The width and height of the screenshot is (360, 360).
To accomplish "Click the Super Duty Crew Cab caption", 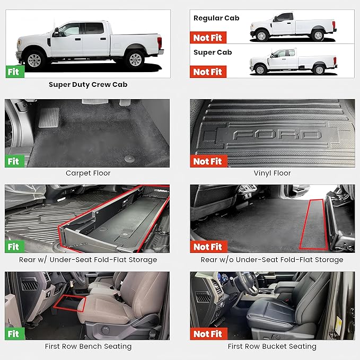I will pyautogui.click(x=87, y=84).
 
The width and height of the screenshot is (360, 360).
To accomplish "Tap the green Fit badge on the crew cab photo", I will pyautogui.click(x=13, y=72).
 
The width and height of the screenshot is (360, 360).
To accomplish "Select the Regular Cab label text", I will pyautogui.click(x=216, y=18).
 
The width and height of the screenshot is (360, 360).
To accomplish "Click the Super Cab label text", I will pyautogui.click(x=212, y=52).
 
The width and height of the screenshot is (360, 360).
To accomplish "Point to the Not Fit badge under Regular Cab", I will pyautogui.click(x=208, y=38).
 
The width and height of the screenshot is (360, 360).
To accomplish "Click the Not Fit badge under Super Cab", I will pyautogui.click(x=208, y=72).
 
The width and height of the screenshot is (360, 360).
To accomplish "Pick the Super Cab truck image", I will pyautogui.click(x=293, y=62).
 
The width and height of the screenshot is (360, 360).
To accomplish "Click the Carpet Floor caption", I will pyautogui.click(x=87, y=173).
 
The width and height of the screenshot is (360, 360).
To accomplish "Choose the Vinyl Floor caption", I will pyautogui.click(x=272, y=173).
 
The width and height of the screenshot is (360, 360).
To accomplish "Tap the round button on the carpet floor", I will pyautogui.click(x=129, y=157).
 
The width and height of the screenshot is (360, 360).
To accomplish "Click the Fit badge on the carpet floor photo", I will pyautogui.click(x=13, y=161).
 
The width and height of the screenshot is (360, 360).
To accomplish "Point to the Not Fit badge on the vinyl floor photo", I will pyautogui.click(x=208, y=161).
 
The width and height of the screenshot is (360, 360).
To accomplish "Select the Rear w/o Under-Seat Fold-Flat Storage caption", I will pyautogui.click(x=272, y=260).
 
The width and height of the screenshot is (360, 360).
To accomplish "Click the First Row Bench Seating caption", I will pyautogui.click(x=87, y=346).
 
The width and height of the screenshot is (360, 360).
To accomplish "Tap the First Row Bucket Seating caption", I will pyautogui.click(x=272, y=346).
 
